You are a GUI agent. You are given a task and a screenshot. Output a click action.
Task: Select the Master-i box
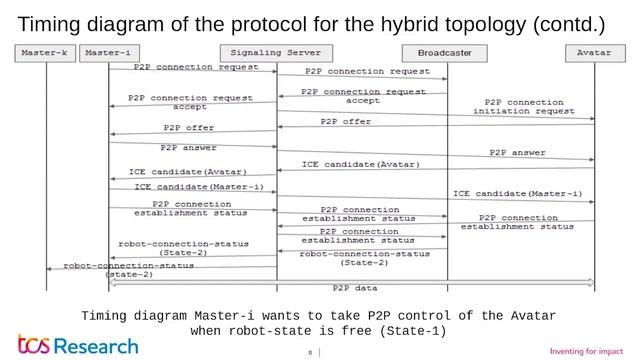(x=109, y=50)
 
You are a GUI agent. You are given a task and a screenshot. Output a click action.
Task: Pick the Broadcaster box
(x=447, y=51)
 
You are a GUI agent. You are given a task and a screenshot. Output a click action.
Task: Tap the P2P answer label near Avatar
(x=517, y=152)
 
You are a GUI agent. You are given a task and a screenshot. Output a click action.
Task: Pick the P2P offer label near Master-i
(x=189, y=127)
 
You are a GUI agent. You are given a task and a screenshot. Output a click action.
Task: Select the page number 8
(x=309, y=351)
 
